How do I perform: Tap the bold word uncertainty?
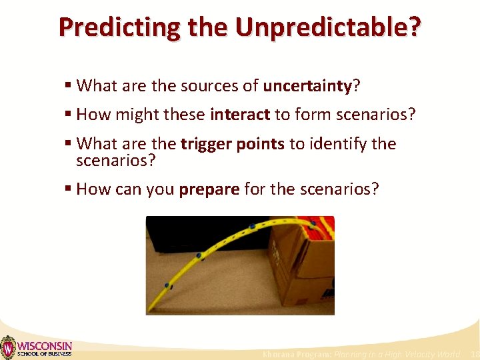click(x=307, y=85)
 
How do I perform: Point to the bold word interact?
click(x=239, y=115)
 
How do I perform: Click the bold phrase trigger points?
click(x=233, y=144)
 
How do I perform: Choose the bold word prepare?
click(x=209, y=189)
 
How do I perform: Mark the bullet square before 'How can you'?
click(x=68, y=189)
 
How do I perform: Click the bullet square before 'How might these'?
click(x=68, y=115)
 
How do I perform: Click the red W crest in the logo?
click(x=8, y=347)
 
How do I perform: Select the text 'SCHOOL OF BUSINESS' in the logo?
click(x=44, y=354)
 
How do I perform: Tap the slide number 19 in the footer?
click(x=474, y=354)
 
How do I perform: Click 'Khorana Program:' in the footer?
click(x=297, y=354)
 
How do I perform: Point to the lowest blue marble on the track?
click(x=169, y=287)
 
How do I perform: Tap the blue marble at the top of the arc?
click(x=252, y=227)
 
